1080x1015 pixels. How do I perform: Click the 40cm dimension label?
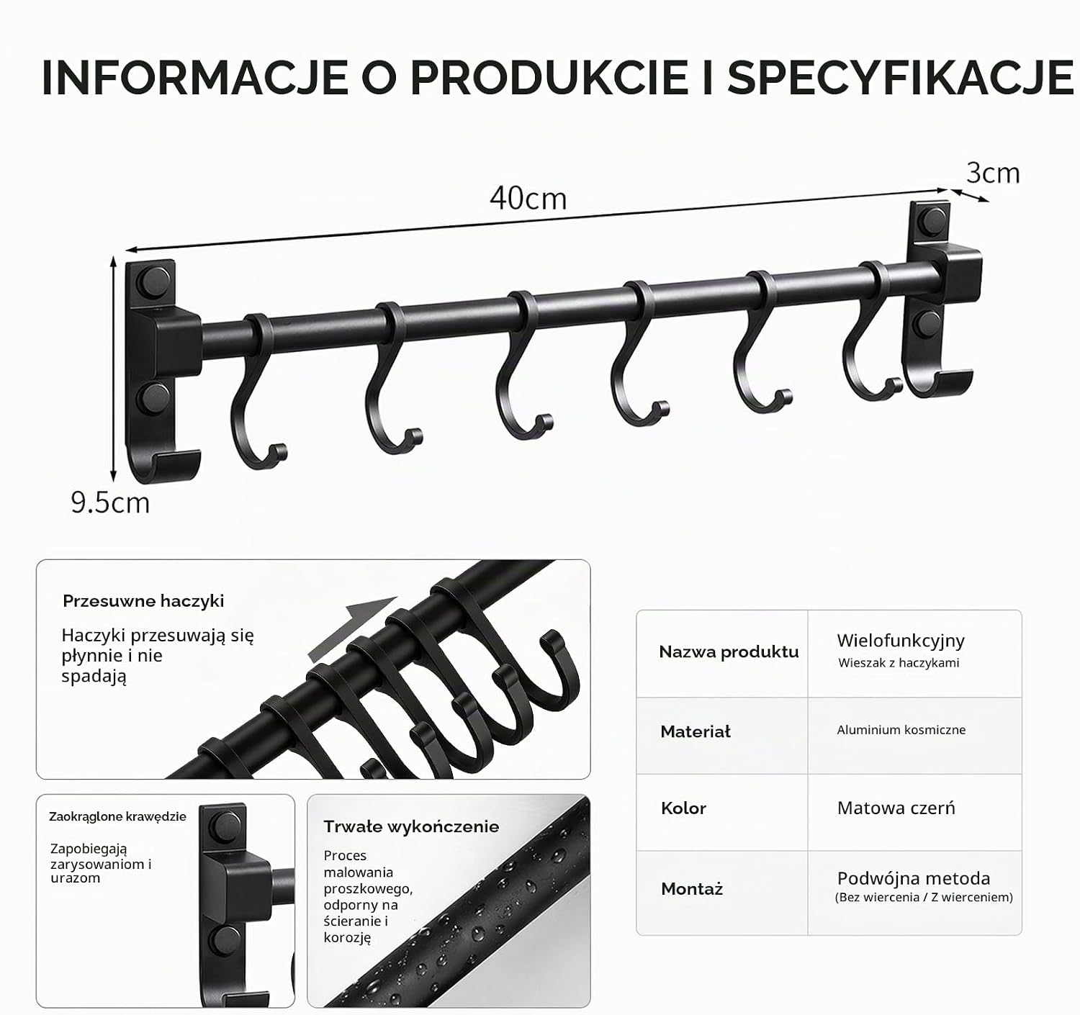pos(528,198)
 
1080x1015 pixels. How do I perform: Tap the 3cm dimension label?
pos(992,173)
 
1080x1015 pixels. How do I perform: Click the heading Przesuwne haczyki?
pos(143,601)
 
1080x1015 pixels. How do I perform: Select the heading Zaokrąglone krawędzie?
pos(117,816)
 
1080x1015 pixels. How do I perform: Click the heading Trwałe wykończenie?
pos(411,827)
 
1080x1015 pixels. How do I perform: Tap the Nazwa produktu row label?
pos(729,651)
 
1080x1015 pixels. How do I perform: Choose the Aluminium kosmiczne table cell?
pos(901,730)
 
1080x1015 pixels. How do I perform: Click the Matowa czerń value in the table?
pos(896,808)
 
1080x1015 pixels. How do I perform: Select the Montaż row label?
pos(692,889)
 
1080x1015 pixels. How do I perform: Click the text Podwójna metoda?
pos(914,878)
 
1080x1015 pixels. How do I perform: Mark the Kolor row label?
pos(683,808)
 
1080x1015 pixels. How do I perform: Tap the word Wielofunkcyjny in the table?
pos(901,641)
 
